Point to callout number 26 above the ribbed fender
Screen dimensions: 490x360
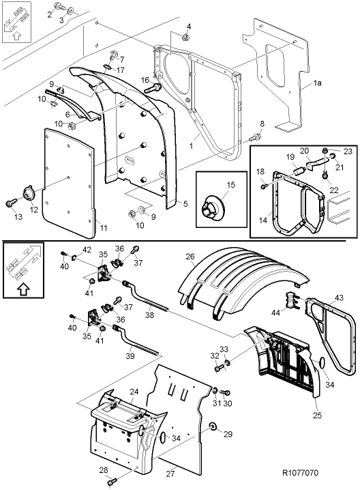[190, 257]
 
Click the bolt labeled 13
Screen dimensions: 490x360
[12, 202]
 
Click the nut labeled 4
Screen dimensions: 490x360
[186, 37]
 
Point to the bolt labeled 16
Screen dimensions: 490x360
[154, 87]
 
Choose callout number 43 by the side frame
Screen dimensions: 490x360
[339, 298]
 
